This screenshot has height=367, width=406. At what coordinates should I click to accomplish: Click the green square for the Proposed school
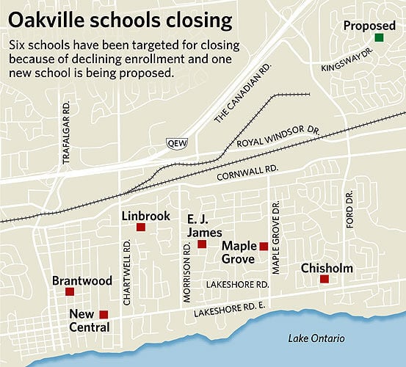point(379,37)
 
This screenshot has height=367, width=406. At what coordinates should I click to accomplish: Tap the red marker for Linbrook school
point(140,228)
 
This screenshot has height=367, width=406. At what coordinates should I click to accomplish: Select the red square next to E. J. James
point(202,244)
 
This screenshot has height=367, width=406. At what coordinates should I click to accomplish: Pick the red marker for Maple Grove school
point(264,246)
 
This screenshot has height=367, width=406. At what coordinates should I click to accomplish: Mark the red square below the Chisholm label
point(324,279)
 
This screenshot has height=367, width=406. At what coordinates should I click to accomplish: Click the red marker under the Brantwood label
point(70,291)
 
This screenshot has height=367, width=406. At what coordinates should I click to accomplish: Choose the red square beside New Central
point(104,314)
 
